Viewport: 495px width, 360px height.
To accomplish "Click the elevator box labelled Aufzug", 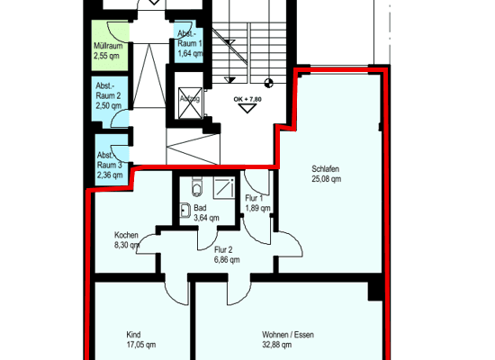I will coord(190,100).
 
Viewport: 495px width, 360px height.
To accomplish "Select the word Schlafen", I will coord(326,168).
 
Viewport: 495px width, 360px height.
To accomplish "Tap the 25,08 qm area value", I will coord(326,179).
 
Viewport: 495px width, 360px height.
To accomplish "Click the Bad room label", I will coord(200,208).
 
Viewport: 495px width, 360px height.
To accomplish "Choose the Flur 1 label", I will coord(254,197).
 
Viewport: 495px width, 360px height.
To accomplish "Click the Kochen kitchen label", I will coord(126,234).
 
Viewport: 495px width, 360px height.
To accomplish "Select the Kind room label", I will coord(134,334).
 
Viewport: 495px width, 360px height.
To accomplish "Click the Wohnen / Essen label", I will coord(283,334).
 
